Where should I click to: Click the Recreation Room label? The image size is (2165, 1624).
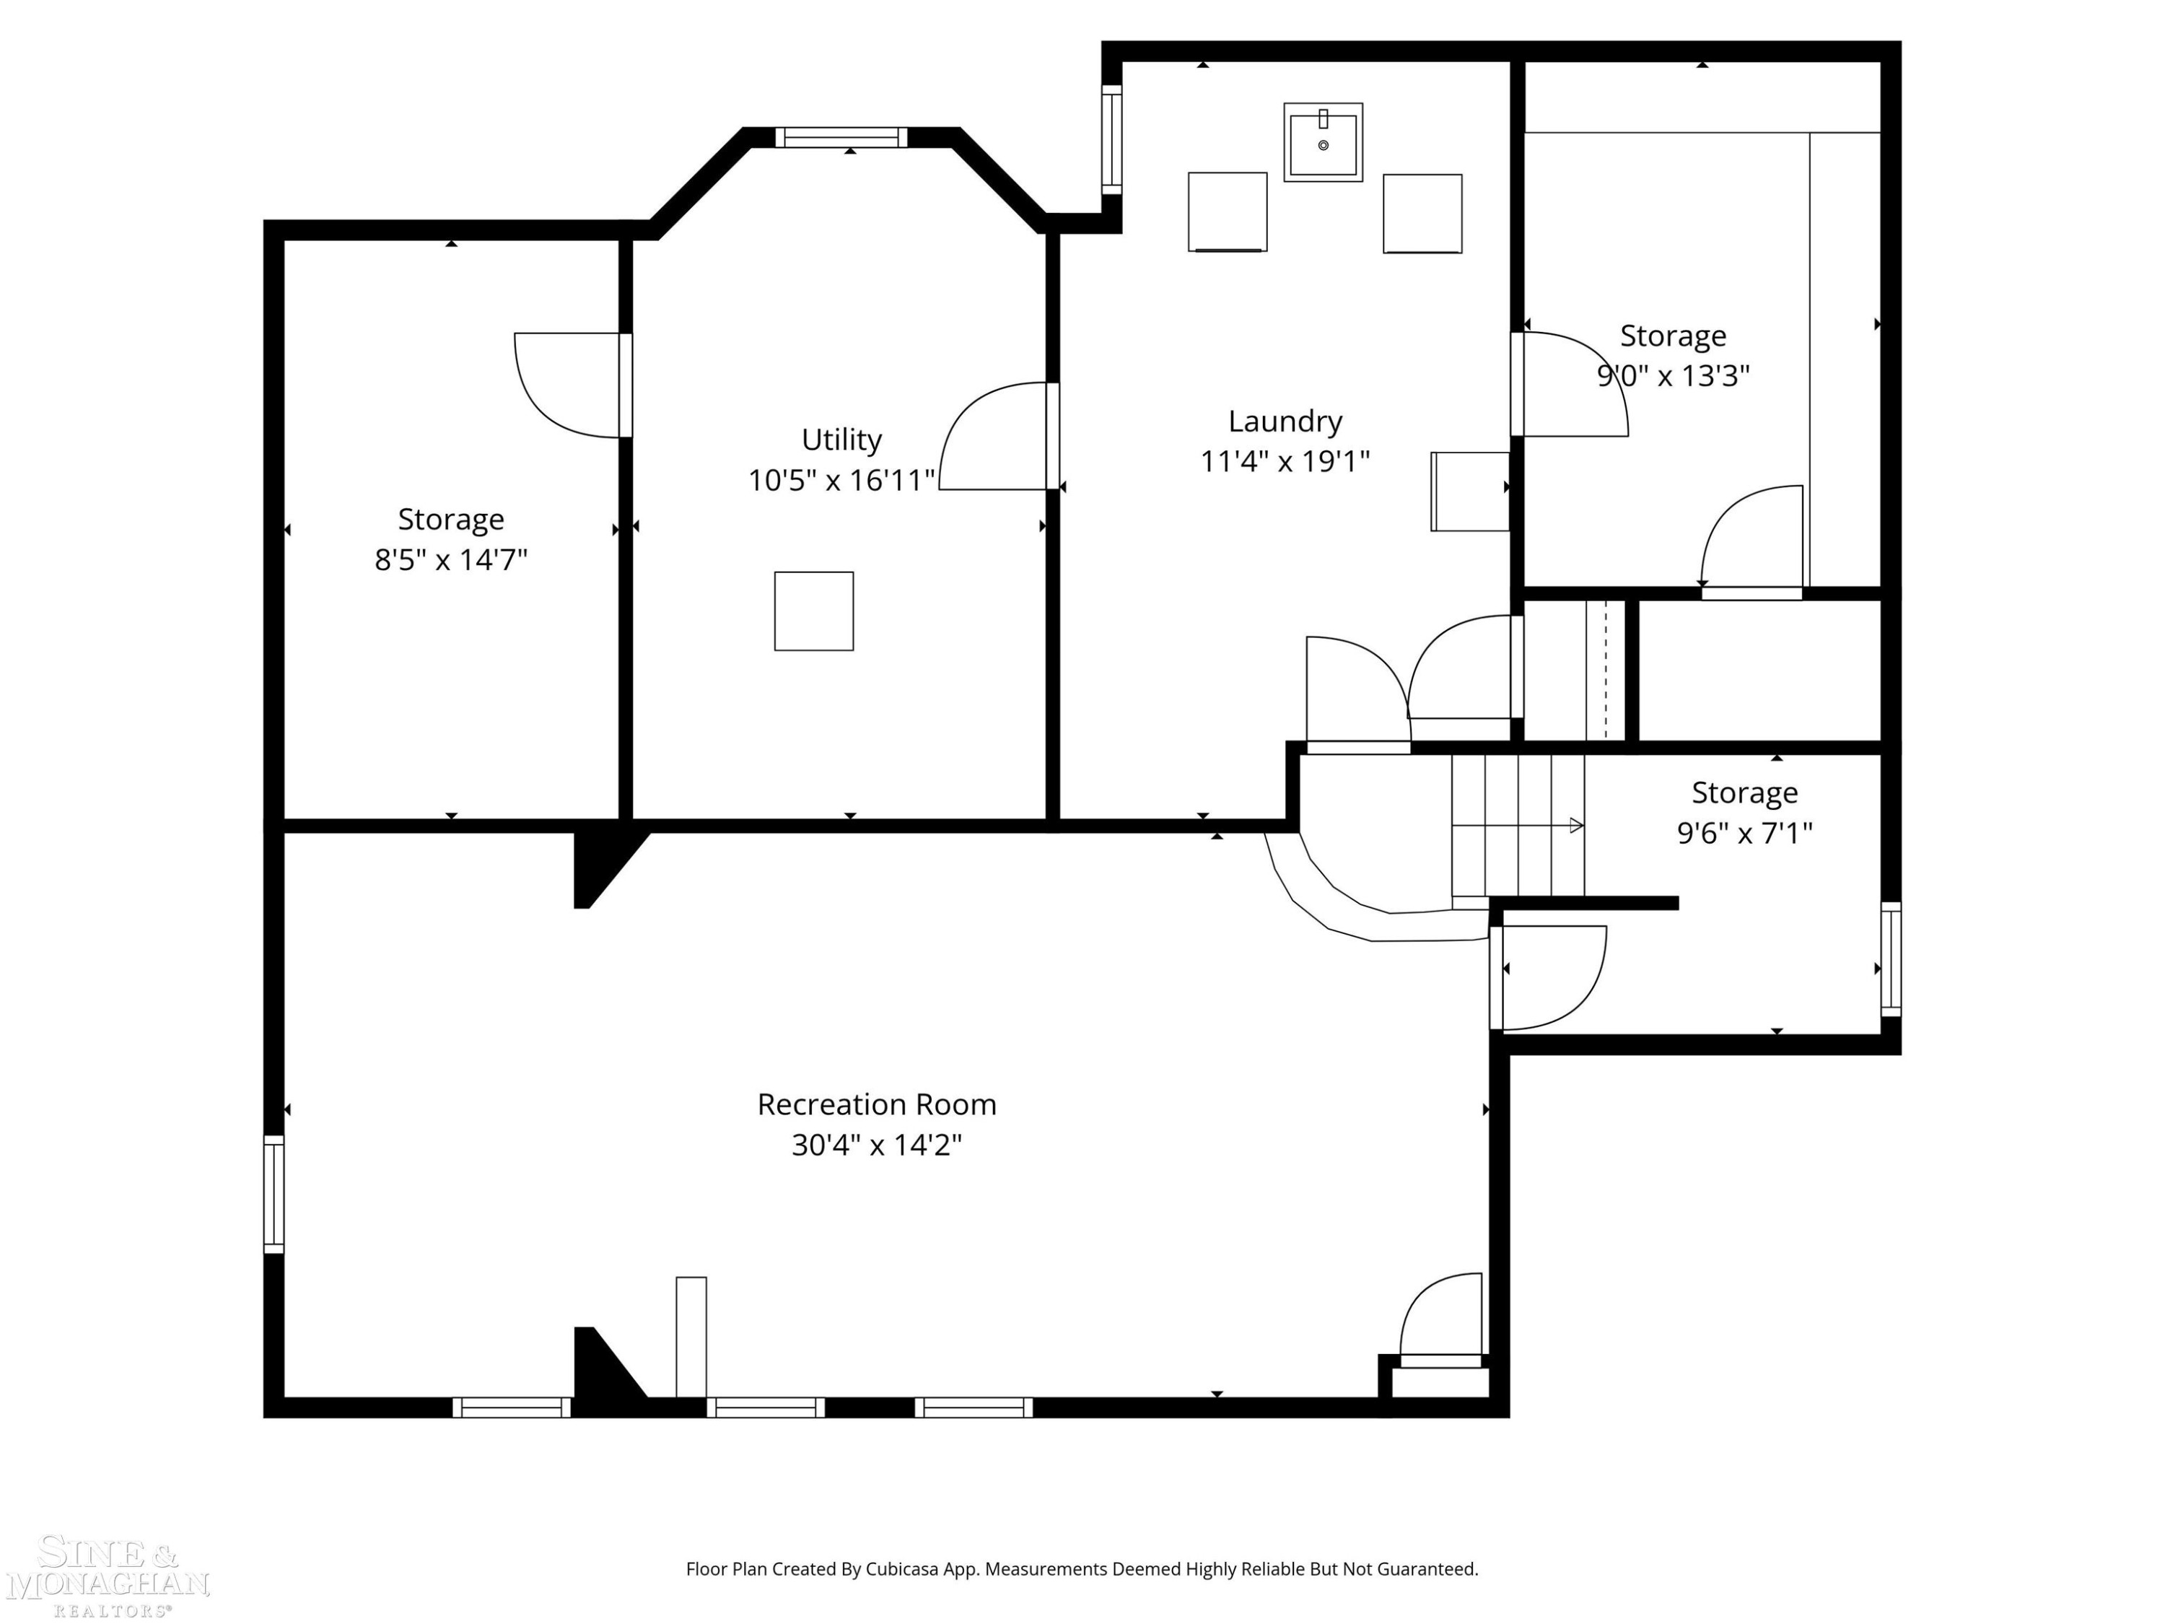point(877,1104)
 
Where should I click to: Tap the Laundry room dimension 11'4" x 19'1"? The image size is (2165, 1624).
point(1285,461)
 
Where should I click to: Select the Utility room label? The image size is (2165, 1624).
point(841,440)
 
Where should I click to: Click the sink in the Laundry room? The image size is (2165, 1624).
point(1324,142)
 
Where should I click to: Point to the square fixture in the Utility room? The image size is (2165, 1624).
point(814,611)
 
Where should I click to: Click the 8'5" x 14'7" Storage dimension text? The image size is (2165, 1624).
point(451,560)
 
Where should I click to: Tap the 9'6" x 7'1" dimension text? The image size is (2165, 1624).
point(1745,833)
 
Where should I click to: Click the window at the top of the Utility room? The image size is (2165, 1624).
point(841,137)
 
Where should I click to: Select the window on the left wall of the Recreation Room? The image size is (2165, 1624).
point(274,1195)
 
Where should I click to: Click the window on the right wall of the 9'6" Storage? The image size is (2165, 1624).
point(1891,959)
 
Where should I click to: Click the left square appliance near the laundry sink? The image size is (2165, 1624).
point(1228,212)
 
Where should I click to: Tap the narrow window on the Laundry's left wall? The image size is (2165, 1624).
point(1112,139)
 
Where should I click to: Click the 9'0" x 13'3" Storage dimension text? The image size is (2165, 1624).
point(1674,376)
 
